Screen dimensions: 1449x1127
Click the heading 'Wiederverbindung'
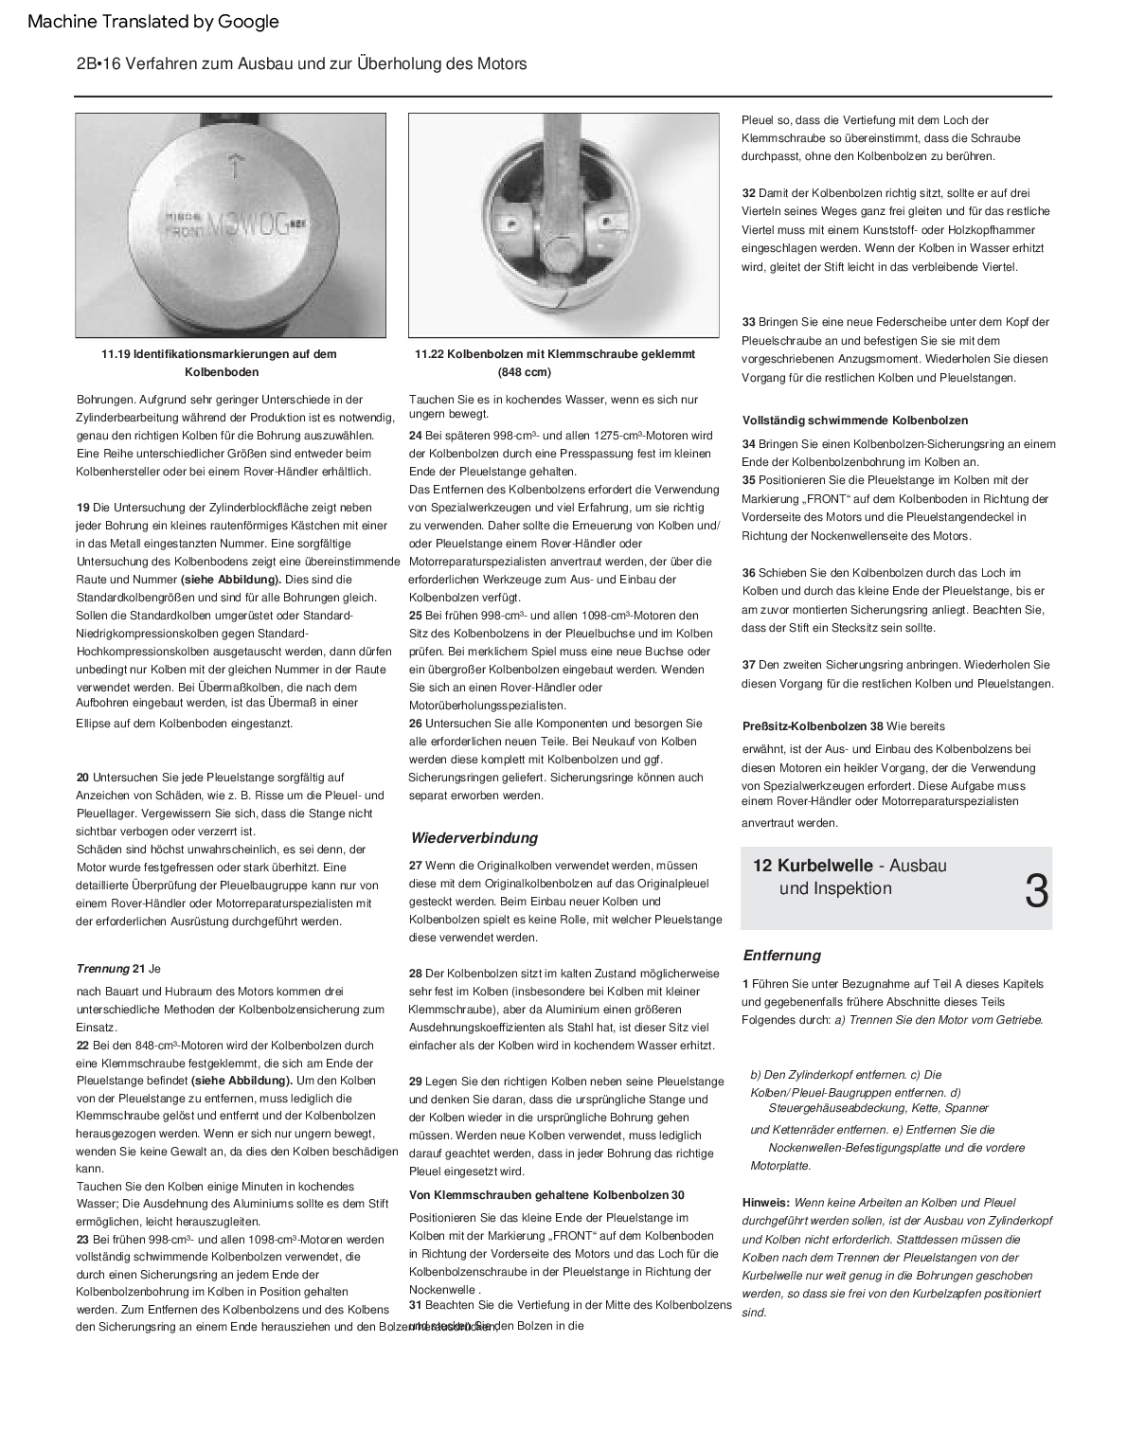point(474,838)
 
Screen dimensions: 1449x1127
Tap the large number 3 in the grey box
point(1037,891)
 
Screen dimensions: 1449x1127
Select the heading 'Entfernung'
point(781,956)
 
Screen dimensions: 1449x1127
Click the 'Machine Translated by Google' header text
point(153,22)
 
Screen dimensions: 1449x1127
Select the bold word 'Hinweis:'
point(766,1203)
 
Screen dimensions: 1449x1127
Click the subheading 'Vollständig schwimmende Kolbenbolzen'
point(855,420)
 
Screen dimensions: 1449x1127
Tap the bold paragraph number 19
point(83,508)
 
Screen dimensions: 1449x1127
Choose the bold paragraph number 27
point(416,866)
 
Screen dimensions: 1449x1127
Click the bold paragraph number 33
point(749,323)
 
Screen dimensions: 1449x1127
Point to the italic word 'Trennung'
point(102,969)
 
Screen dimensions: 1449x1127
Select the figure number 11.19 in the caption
point(116,354)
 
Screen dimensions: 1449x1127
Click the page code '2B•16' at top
point(95,63)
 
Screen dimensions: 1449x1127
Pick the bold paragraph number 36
point(749,573)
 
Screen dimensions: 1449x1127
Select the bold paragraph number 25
point(416,616)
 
